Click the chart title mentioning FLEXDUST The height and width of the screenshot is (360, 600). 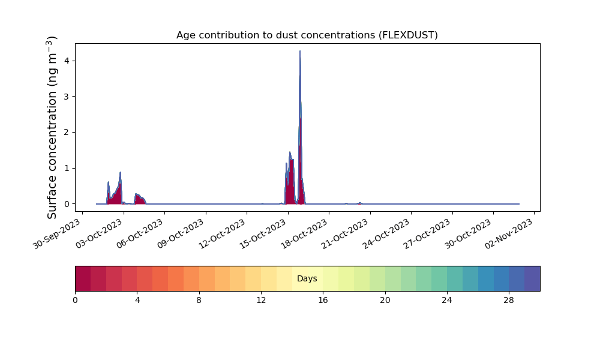(307, 35)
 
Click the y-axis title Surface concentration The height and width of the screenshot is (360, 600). (52, 127)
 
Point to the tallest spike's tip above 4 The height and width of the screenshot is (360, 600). (300, 51)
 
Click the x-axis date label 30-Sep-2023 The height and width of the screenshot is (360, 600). (58, 234)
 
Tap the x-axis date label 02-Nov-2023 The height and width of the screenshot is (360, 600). (509, 234)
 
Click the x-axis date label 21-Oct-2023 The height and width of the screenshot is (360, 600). (345, 234)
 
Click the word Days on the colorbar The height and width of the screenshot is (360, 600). (307, 278)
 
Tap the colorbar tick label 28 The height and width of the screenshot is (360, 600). (509, 301)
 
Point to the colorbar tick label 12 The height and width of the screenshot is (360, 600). (261, 301)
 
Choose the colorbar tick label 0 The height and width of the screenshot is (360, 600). (75, 301)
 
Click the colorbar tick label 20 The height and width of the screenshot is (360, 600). (385, 301)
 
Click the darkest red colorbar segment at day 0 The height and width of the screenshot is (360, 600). (83, 278)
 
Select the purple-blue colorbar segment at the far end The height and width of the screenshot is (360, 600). (532, 278)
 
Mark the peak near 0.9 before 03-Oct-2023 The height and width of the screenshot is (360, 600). (120, 173)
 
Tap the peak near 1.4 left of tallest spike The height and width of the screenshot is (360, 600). (290, 152)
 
